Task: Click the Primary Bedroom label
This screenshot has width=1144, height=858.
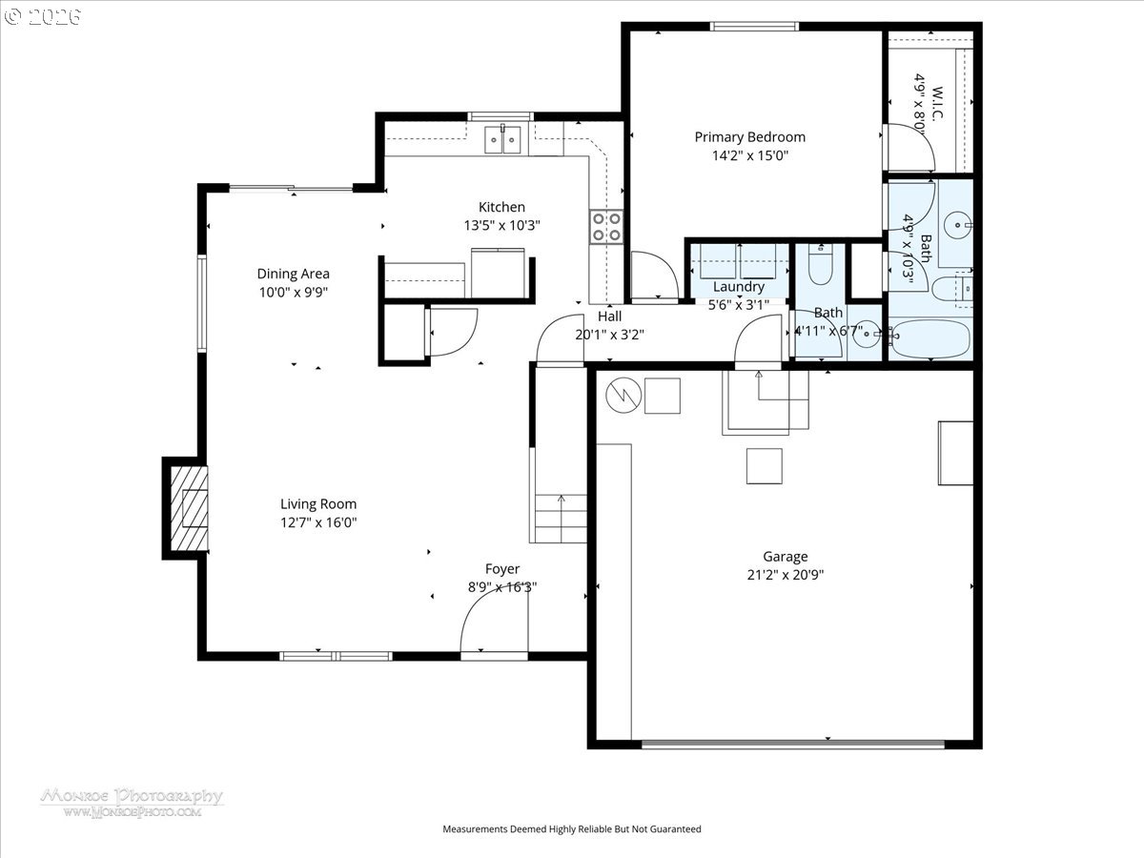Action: [x=750, y=137]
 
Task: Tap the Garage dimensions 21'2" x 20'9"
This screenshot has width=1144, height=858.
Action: [x=786, y=575]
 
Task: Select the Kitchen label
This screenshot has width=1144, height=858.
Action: [x=501, y=207]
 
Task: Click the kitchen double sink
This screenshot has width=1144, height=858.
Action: [x=502, y=139]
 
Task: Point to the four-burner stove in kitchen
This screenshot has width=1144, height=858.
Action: [x=606, y=227]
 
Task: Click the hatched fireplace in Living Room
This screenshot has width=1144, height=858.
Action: [x=189, y=508]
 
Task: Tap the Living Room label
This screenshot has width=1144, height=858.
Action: [x=318, y=503]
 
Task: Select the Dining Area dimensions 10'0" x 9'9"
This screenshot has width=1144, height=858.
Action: [x=294, y=292]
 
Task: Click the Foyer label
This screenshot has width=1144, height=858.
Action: [x=502, y=569]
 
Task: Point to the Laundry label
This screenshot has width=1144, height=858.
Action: [x=739, y=287]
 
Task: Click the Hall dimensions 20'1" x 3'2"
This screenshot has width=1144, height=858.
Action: [x=610, y=335]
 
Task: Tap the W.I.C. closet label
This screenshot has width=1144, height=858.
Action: [x=936, y=103]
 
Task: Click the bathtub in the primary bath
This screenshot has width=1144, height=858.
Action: [x=930, y=338]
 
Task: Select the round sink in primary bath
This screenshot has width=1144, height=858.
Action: [x=958, y=225]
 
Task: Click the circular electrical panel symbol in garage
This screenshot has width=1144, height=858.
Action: [x=623, y=396]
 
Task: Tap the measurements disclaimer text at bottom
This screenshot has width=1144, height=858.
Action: [x=572, y=828]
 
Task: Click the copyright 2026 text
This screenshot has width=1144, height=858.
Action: [x=43, y=16]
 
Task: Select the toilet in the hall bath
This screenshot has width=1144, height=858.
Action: [x=821, y=265]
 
